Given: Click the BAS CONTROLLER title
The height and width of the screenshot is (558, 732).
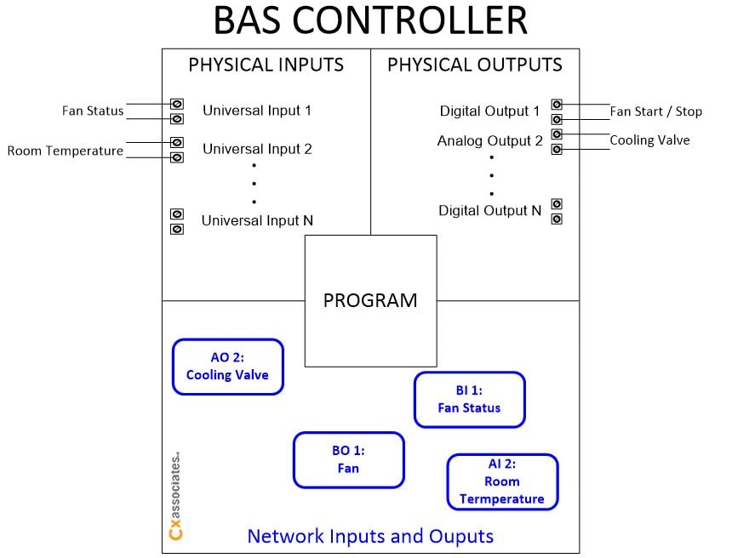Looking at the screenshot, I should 369,21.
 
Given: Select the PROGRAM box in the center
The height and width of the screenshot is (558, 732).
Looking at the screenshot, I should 370,300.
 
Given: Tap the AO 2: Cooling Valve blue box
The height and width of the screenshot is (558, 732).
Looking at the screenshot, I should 227,367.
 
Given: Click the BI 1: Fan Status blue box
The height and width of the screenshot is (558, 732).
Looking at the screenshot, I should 469,399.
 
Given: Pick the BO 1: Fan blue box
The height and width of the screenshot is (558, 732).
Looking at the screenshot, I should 348,459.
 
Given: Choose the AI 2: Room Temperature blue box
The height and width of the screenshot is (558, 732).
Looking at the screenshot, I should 502,481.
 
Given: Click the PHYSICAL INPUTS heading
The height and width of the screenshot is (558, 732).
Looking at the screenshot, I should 266,65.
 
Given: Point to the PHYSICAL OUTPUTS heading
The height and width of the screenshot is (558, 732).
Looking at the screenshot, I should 474,65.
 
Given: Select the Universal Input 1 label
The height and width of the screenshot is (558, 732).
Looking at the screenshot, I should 257,111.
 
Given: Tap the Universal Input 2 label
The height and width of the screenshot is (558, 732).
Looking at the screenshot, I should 257,149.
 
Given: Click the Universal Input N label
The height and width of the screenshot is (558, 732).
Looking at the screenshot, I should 257,220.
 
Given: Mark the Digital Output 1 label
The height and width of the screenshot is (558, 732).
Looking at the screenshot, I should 489,111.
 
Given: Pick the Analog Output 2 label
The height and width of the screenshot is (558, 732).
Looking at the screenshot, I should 489,140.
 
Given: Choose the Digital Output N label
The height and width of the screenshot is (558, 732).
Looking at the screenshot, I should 489,210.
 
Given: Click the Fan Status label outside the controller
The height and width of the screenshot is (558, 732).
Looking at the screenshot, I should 93,111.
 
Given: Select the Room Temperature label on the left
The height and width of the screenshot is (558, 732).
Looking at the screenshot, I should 66,151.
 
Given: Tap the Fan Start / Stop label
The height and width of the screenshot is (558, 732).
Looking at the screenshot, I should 655,111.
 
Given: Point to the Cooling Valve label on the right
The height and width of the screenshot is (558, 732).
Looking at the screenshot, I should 649,140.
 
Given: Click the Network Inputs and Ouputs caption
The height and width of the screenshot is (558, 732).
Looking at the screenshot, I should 369,536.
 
